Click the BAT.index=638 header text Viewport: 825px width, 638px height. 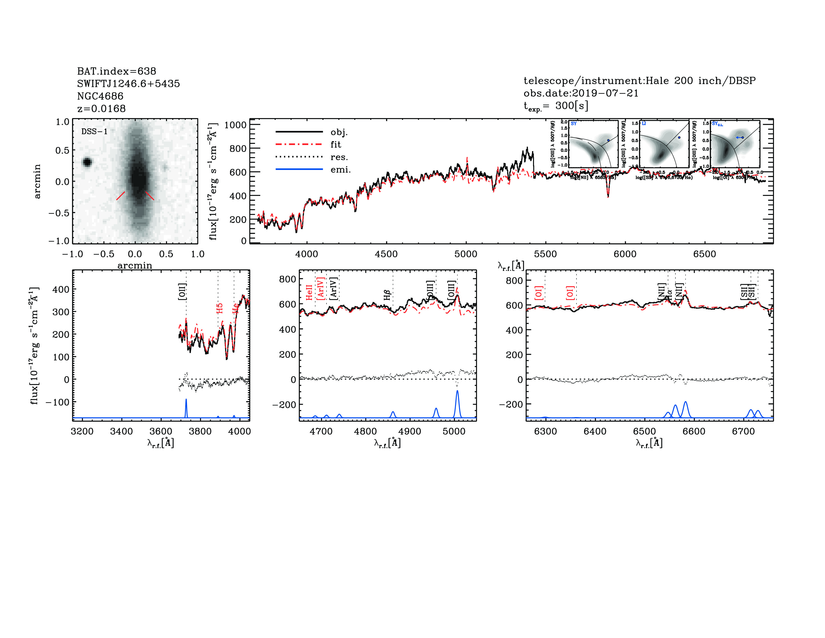click(116, 71)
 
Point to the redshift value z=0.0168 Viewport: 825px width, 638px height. click(101, 109)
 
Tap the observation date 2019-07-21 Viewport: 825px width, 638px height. click(605, 93)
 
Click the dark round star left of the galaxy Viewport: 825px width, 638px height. click(87, 162)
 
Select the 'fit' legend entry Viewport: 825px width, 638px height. click(335, 144)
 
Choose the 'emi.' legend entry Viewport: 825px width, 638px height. click(340, 170)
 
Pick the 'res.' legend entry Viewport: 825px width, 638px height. click(339, 157)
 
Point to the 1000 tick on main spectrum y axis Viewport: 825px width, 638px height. click(235, 125)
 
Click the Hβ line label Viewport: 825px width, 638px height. click(387, 295)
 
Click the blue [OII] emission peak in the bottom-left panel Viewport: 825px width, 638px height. click(186, 401)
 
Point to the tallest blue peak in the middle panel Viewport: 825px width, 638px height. click(457, 392)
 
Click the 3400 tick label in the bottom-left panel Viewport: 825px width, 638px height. click(121, 432)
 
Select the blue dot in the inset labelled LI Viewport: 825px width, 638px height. click(679, 138)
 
